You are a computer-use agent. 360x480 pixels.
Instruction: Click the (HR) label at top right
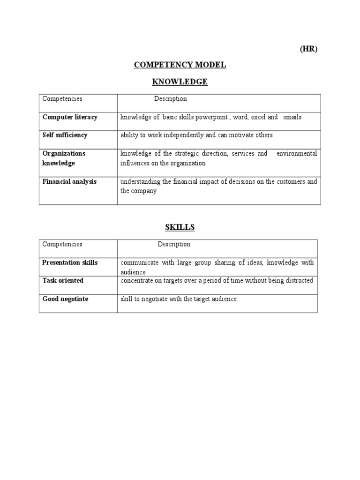click(x=309, y=50)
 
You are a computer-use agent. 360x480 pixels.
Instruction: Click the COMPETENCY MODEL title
click(x=180, y=65)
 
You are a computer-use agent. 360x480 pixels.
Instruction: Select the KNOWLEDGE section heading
click(x=180, y=82)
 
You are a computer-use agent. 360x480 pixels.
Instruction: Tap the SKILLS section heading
click(x=180, y=227)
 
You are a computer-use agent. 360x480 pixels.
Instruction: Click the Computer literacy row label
click(x=70, y=117)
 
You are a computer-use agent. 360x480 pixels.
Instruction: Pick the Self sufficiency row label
click(x=65, y=135)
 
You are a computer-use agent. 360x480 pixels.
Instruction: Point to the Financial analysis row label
click(x=69, y=181)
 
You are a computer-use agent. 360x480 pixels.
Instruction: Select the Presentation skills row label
click(x=70, y=262)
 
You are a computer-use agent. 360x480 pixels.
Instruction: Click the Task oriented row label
click(x=63, y=280)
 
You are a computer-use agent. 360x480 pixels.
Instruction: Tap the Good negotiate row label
click(x=65, y=299)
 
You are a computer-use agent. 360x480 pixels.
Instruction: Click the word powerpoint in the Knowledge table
click(x=213, y=117)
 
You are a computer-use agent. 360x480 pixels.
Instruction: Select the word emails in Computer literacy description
click(x=292, y=117)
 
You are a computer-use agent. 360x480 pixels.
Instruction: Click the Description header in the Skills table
click(x=174, y=244)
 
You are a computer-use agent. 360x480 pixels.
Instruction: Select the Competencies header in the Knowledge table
click(x=62, y=99)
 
